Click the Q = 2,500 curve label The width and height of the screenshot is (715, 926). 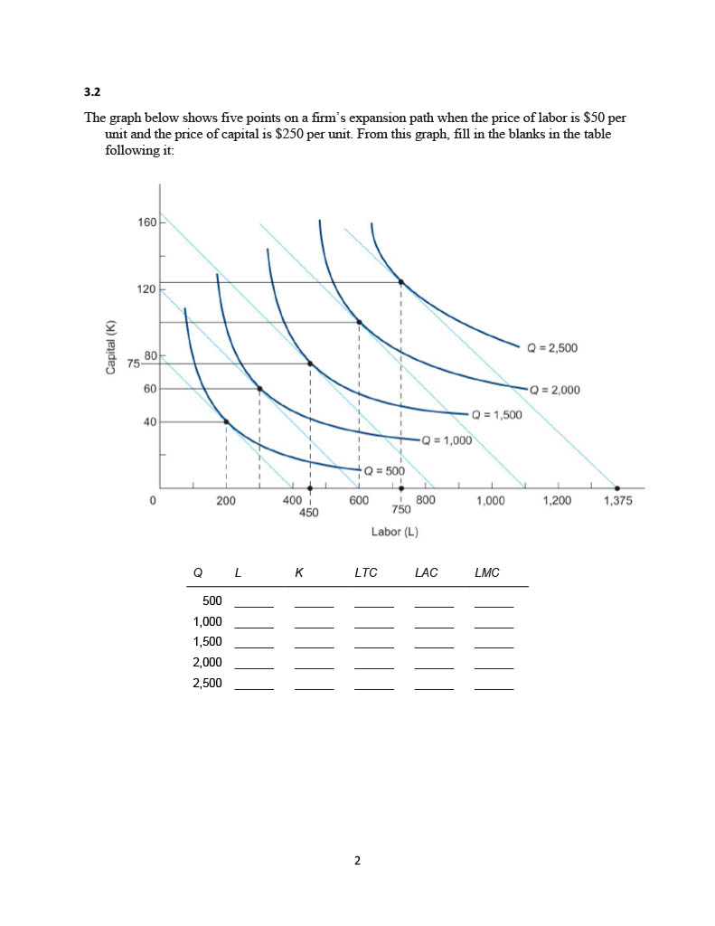pyautogui.click(x=551, y=347)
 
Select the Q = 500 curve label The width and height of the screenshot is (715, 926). pyautogui.click(x=384, y=470)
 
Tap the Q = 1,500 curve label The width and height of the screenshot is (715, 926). pyautogui.click(x=497, y=414)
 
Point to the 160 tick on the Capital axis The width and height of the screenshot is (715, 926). pyautogui.click(x=147, y=222)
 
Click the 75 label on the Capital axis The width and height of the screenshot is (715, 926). pyautogui.click(x=134, y=364)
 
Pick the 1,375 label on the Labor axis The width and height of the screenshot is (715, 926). pyautogui.click(x=618, y=500)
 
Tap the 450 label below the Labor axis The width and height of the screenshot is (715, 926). pyautogui.click(x=309, y=512)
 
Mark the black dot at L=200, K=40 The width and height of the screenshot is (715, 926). pyautogui.click(x=226, y=421)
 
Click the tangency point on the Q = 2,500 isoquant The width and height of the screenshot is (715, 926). pyautogui.click(x=401, y=282)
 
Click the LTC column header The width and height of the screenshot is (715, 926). pyautogui.click(x=366, y=572)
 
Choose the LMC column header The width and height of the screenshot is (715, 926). pyautogui.click(x=487, y=572)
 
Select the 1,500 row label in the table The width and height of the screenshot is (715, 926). pyautogui.click(x=207, y=641)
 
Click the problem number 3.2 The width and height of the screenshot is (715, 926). pyautogui.click(x=91, y=91)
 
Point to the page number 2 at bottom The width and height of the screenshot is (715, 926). pyautogui.click(x=357, y=861)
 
